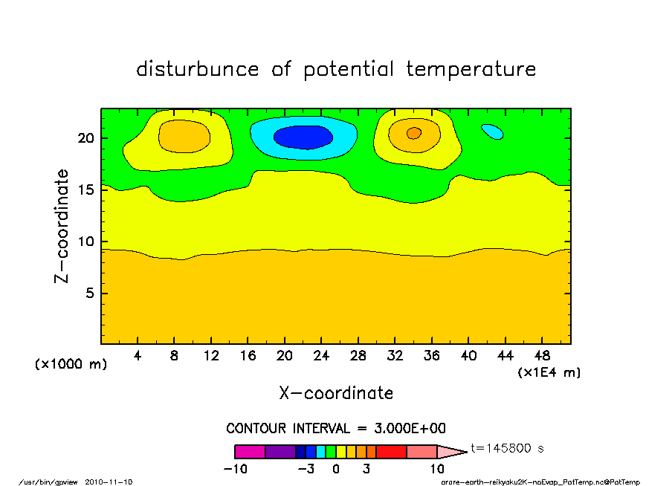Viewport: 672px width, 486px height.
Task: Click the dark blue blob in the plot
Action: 303,137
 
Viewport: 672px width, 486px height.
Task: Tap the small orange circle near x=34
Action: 414,133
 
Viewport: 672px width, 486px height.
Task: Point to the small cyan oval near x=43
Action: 492,132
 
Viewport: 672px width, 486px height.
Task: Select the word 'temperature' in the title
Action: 471,69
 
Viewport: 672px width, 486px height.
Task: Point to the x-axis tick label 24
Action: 321,355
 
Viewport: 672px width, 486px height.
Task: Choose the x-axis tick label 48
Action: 542,355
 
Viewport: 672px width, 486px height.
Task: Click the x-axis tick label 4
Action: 138,355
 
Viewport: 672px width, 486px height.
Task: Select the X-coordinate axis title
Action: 336,393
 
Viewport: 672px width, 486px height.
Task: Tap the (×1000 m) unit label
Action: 71,365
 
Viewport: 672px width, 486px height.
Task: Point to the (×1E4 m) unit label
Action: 549,372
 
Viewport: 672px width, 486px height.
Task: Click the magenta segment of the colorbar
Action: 250,451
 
